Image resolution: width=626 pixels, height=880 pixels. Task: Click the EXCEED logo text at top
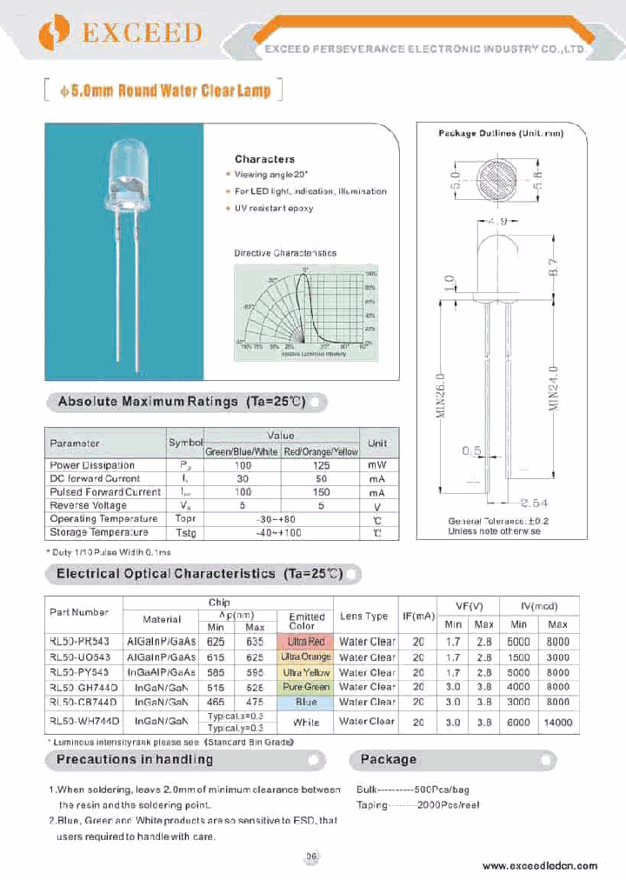[142, 33]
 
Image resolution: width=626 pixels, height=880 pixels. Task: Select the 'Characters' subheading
[264, 159]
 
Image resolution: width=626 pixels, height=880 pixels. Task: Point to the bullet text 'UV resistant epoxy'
[274, 209]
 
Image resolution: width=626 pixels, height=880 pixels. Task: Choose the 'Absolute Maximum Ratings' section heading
[182, 402]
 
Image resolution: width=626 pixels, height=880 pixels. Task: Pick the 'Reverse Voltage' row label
[88, 505]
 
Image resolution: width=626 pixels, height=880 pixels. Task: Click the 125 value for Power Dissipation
[319, 465]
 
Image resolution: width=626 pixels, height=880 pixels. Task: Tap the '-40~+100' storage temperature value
[280, 532]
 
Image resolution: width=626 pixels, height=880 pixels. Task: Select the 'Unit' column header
[377, 443]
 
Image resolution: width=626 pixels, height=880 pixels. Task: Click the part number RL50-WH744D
[84, 721]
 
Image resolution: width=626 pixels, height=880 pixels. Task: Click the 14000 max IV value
[557, 722]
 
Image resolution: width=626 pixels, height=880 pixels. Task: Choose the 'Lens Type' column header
[363, 617]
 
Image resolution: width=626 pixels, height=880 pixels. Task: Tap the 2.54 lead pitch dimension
[536, 503]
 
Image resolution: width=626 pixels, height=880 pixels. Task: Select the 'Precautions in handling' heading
[135, 760]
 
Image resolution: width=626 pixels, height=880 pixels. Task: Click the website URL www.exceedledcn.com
[539, 865]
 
